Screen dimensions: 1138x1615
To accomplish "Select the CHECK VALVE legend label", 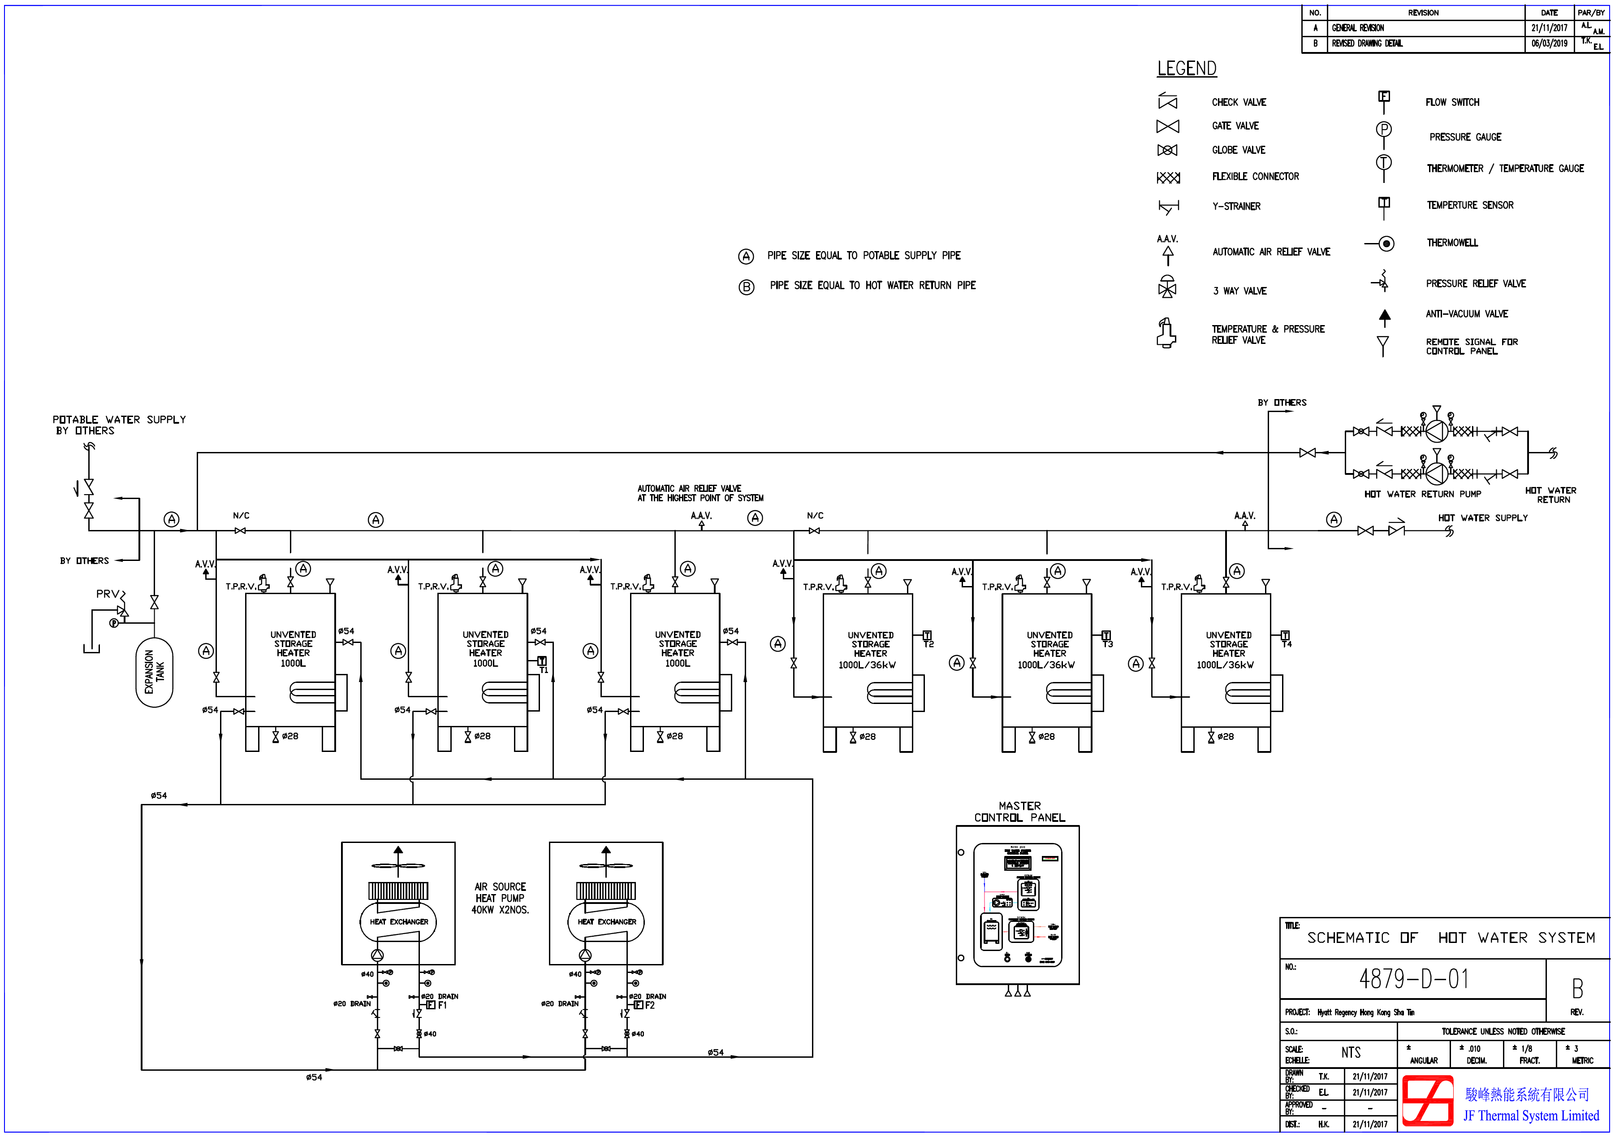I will pyautogui.click(x=1239, y=103).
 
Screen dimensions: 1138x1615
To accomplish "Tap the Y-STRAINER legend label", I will pyautogui.click(x=1236, y=207).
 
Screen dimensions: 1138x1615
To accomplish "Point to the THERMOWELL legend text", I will pyautogui.click(x=1452, y=243).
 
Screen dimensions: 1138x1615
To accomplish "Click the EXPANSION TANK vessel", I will pyautogui.click(x=154, y=672).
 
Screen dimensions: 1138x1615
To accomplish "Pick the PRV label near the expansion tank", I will pyautogui.click(x=108, y=594).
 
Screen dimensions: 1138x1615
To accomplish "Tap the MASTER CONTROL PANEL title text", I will pyautogui.click(x=1019, y=812).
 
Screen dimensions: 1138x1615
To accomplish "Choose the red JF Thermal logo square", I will pyautogui.click(x=1427, y=1101).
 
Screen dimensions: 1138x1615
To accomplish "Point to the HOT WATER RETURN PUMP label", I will pyautogui.click(x=1422, y=495).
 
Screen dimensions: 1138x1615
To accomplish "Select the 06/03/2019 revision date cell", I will pyautogui.click(x=1549, y=43).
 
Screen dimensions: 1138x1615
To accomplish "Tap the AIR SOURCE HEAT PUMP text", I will pyautogui.click(x=500, y=899).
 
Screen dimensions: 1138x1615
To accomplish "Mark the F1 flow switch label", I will pyautogui.click(x=442, y=1006).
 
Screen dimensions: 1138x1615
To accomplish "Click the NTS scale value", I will pyautogui.click(x=1351, y=1053).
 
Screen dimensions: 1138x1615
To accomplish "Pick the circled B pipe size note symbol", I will pyautogui.click(x=746, y=287).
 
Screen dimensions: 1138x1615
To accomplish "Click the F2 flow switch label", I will pyautogui.click(x=650, y=1006).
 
